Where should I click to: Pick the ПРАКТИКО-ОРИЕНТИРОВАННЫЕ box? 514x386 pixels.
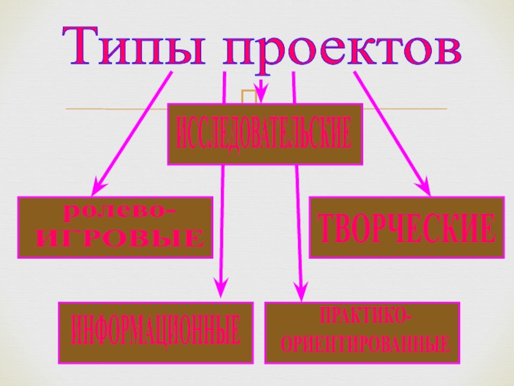(363, 330)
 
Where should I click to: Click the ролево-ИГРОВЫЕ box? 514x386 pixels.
(115, 227)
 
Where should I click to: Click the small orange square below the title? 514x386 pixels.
(247, 96)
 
